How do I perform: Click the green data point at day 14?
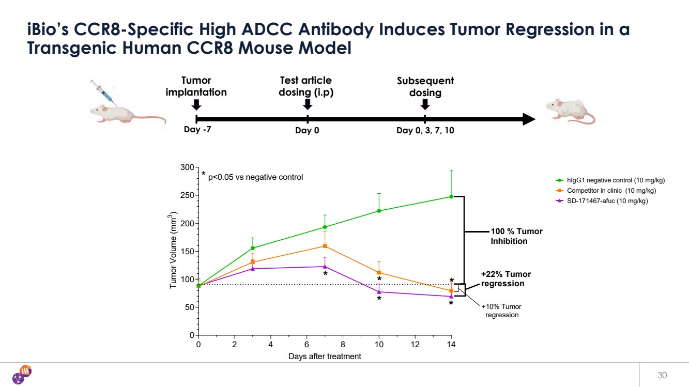tap(451, 196)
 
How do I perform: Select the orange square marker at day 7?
tap(325, 246)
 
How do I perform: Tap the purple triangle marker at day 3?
tap(253, 268)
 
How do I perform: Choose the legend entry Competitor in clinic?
tap(607, 191)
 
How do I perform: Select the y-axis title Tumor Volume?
tap(175, 252)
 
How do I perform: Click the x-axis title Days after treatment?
tap(325, 357)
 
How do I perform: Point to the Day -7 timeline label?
tap(197, 130)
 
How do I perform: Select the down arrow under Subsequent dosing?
tap(425, 104)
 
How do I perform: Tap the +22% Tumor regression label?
tap(506, 279)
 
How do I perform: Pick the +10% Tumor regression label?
tap(502, 311)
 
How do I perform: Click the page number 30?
tap(662, 375)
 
